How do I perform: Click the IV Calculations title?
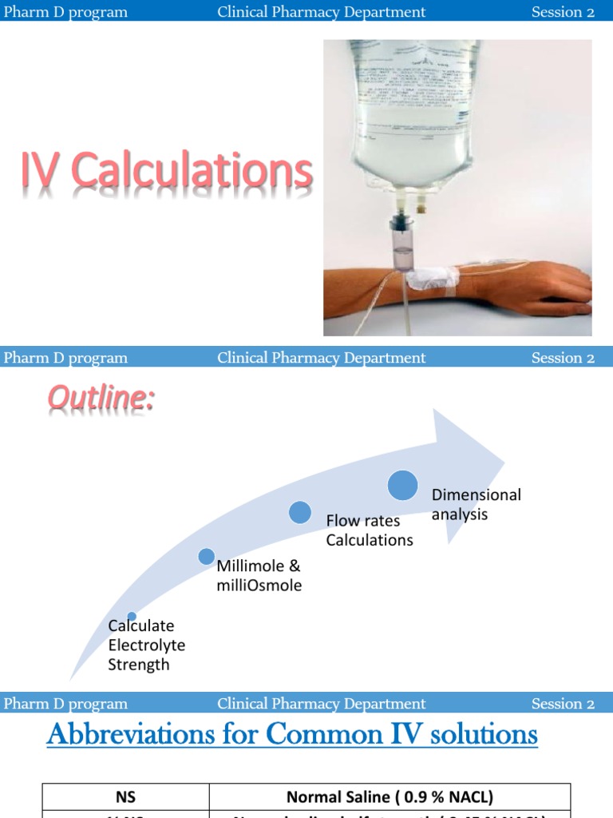click(166, 173)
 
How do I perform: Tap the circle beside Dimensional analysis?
click(403, 485)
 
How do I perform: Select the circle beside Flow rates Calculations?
click(300, 512)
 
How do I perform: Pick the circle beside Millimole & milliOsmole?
click(206, 557)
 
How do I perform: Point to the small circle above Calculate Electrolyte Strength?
click(132, 616)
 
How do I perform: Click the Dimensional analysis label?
click(476, 504)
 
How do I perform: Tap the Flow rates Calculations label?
click(370, 530)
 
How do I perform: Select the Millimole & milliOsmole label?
click(259, 576)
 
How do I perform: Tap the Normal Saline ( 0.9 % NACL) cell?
click(390, 796)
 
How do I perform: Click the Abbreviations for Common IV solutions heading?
click(292, 734)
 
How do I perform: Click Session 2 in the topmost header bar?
click(563, 12)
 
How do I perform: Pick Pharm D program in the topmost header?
click(65, 12)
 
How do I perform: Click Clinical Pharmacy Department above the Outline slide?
click(322, 358)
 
